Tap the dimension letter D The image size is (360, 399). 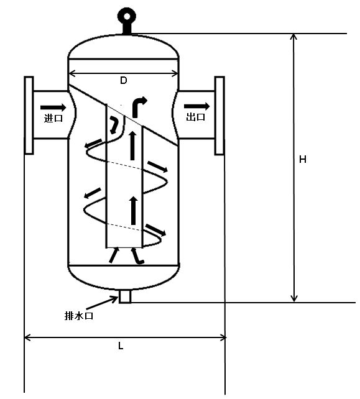[x=124, y=80]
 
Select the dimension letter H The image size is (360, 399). [x=303, y=159]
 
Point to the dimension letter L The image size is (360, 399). [x=121, y=346]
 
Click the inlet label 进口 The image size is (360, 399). [x=53, y=118]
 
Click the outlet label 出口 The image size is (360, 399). [x=195, y=117]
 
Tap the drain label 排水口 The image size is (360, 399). [x=79, y=316]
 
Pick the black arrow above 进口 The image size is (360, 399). [x=53, y=108]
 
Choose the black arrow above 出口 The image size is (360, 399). [x=197, y=106]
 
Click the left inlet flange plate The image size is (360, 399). [x=29, y=115]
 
